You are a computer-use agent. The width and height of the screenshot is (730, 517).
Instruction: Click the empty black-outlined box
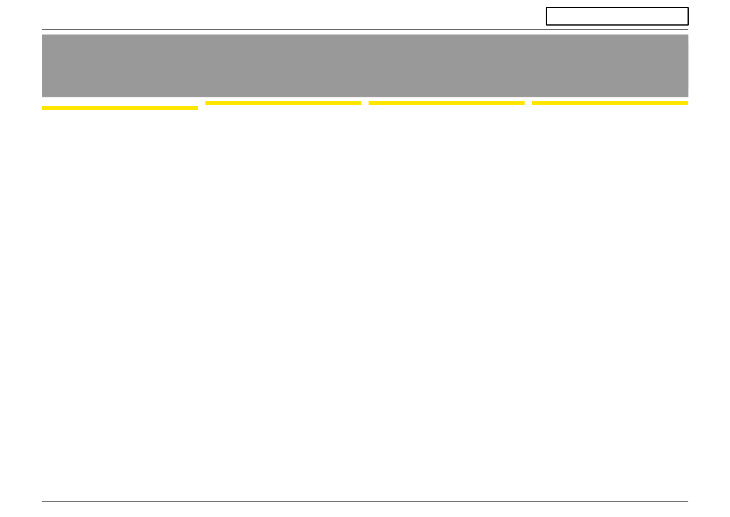click(617, 16)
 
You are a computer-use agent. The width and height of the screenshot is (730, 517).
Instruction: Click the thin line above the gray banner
click(365, 29)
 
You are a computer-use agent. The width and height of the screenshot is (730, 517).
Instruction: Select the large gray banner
click(365, 66)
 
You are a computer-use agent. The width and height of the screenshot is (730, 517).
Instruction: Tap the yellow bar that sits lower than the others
click(120, 108)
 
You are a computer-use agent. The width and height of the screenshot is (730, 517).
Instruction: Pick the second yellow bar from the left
click(283, 103)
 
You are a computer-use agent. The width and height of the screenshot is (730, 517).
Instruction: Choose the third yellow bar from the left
click(446, 103)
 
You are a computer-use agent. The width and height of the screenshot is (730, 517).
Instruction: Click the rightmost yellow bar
click(609, 103)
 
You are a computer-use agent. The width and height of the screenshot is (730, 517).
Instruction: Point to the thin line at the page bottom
click(365, 501)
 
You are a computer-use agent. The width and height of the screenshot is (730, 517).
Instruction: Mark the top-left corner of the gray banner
click(42, 35)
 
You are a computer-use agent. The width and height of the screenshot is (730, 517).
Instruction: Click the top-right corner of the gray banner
click(688, 35)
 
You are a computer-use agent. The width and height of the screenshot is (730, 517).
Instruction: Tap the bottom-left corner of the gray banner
click(42, 96)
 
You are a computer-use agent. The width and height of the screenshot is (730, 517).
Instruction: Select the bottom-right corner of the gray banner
click(688, 96)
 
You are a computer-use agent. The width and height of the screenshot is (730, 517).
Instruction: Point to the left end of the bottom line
click(42, 501)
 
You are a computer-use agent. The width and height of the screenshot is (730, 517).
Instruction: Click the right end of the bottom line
click(688, 501)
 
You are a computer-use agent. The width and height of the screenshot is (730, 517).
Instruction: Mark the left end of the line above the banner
click(42, 29)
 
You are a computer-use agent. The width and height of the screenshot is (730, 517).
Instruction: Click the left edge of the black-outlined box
click(546, 16)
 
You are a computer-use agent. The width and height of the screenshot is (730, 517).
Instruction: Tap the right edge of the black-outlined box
click(688, 16)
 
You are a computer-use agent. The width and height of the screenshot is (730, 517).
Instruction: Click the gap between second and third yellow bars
click(365, 103)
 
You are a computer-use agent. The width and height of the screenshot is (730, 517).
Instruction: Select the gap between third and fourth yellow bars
click(528, 103)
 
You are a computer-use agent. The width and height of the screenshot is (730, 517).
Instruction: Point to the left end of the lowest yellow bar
click(42, 108)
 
